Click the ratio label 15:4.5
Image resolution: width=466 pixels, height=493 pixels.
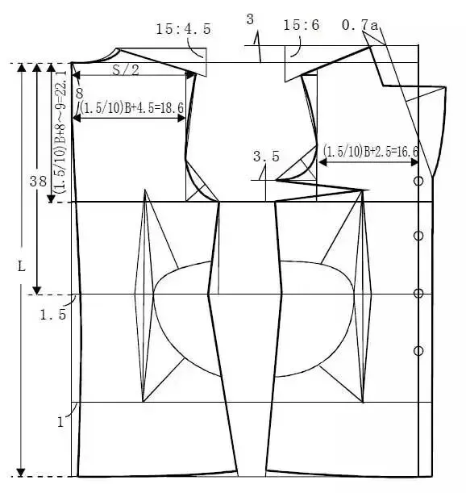coord(183,29)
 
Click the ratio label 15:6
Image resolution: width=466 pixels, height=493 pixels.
coord(301,25)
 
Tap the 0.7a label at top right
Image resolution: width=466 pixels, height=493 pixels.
coord(360,25)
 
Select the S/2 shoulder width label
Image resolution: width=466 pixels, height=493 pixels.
coord(126,70)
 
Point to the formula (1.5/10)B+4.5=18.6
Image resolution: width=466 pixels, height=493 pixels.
coord(131,108)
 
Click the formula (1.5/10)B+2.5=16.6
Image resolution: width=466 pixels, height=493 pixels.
coord(371,152)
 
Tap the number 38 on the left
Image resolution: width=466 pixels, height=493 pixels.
coord(38,182)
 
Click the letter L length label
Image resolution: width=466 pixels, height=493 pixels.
coord(21,267)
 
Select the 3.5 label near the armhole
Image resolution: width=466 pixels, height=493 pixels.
coord(266,157)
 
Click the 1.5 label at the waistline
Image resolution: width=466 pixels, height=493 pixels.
coord(52,315)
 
